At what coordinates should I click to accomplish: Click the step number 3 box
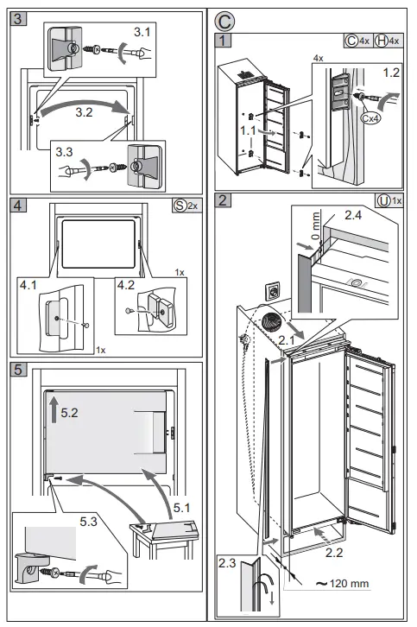point(16,16)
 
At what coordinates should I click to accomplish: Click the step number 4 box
point(16,206)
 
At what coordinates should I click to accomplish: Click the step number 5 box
point(16,370)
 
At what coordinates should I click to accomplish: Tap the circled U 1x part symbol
point(389,201)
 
